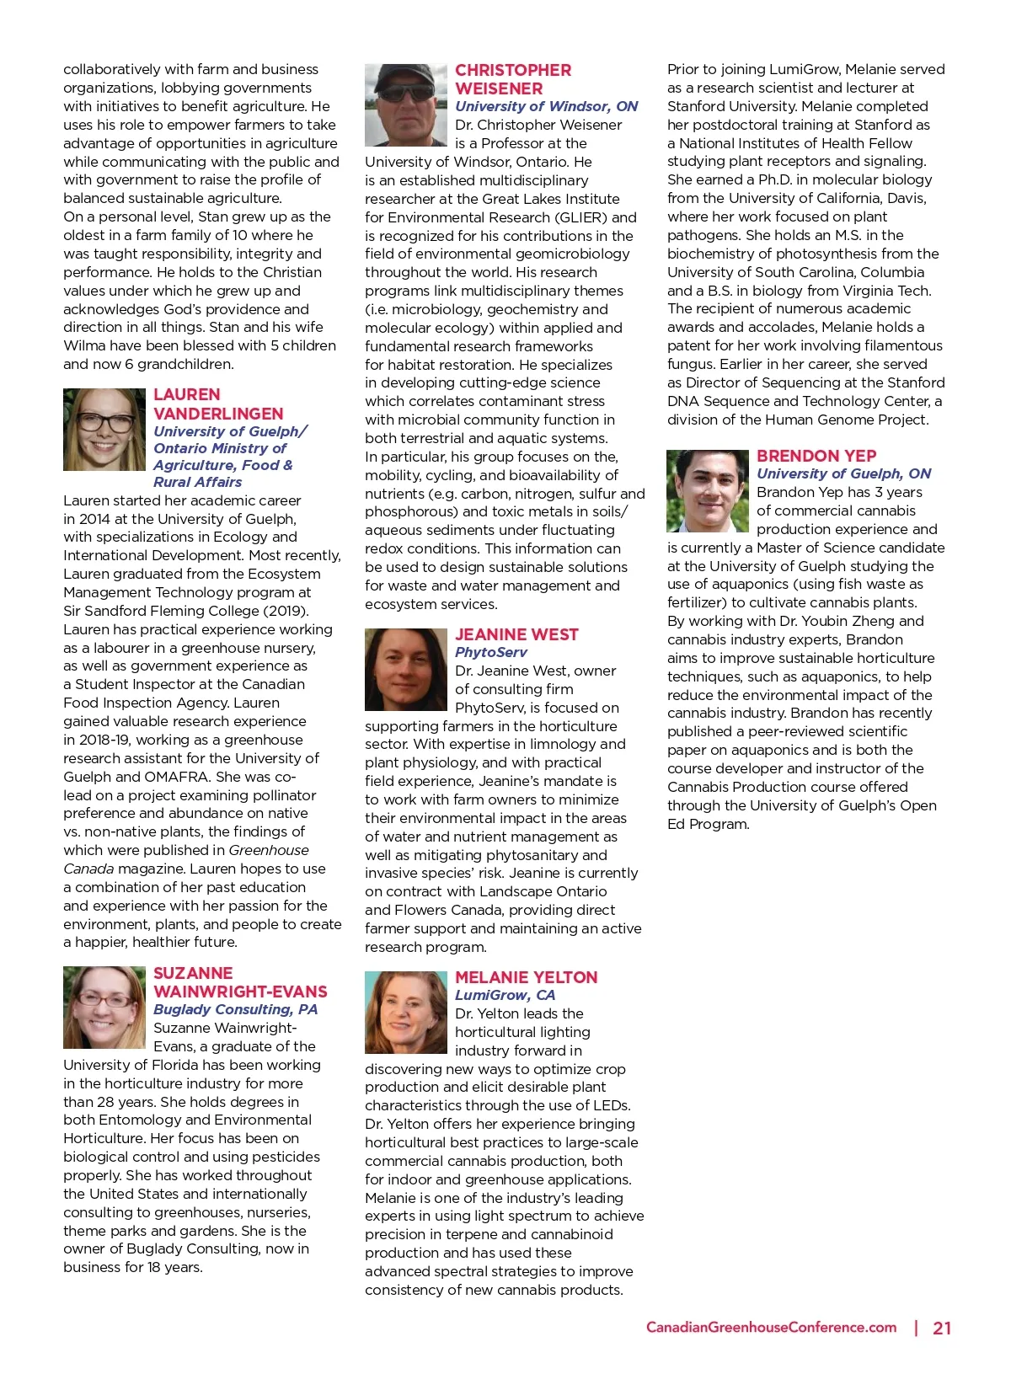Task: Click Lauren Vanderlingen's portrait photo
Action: pyautogui.click(x=104, y=430)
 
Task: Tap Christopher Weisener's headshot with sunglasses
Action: pyautogui.click(x=406, y=105)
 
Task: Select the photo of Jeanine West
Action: pyautogui.click(x=406, y=670)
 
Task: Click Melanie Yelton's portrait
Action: pyautogui.click(x=406, y=1012)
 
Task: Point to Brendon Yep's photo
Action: pyautogui.click(x=708, y=491)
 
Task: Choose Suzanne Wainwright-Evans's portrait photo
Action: pyautogui.click(x=104, y=1008)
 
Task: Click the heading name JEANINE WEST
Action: pyautogui.click(x=516, y=634)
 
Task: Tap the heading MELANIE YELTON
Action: pyautogui.click(x=526, y=977)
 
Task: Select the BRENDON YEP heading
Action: pyautogui.click(x=816, y=456)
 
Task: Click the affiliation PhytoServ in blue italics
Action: pyautogui.click(x=491, y=652)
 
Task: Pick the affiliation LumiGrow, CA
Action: pyautogui.click(x=505, y=995)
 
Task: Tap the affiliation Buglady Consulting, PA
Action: pyautogui.click(x=235, y=1009)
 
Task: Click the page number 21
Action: pyautogui.click(x=942, y=1329)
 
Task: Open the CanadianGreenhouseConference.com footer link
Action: pyautogui.click(x=771, y=1328)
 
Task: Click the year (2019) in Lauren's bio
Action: pyautogui.click(x=286, y=611)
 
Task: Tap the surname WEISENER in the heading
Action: pyautogui.click(x=499, y=88)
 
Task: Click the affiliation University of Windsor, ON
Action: pyautogui.click(x=546, y=106)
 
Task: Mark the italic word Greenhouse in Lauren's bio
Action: pyautogui.click(x=269, y=850)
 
